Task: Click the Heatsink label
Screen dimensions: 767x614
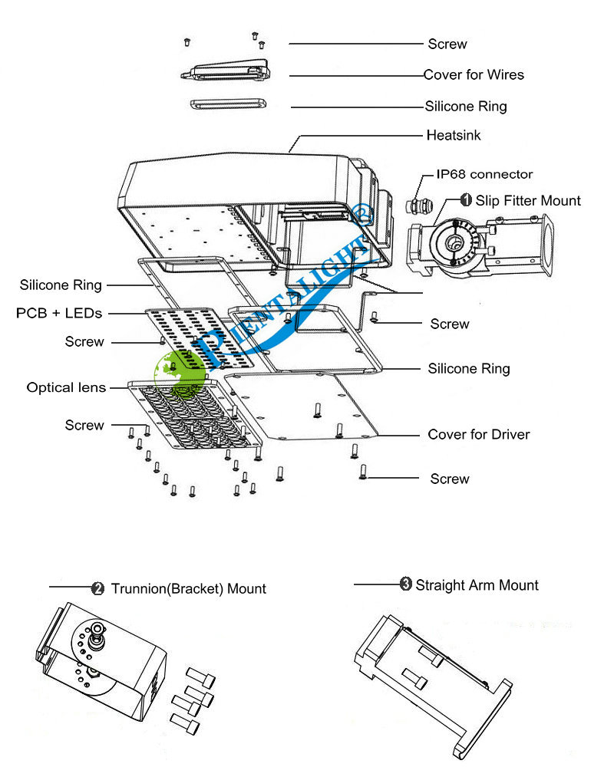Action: click(x=454, y=136)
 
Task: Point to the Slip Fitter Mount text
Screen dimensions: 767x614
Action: click(x=528, y=201)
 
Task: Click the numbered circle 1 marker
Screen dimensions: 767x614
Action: click(x=466, y=200)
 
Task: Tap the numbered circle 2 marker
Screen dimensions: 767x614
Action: click(x=97, y=589)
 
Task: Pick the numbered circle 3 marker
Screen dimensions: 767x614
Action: click(x=405, y=584)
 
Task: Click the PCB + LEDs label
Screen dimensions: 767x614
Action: click(x=59, y=313)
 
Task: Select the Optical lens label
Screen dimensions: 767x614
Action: click(x=66, y=387)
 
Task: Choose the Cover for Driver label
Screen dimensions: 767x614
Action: click(x=478, y=435)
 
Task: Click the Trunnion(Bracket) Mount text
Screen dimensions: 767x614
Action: click(x=189, y=589)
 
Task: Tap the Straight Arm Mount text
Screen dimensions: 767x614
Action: click(x=477, y=585)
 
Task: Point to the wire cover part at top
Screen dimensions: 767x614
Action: click(x=227, y=71)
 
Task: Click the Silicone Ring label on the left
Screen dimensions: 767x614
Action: click(x=61, y=285)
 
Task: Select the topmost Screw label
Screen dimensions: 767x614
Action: click(x=447, y=44)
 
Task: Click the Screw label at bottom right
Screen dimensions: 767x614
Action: click(x=449, y=479)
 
